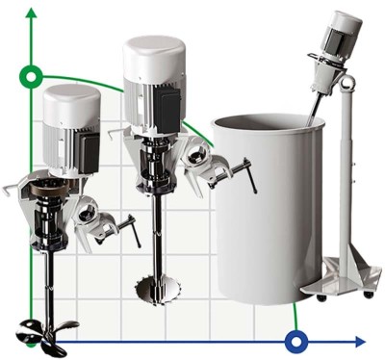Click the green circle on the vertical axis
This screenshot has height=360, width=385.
pos(32,76)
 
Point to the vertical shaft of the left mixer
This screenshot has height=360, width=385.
pos(44,279)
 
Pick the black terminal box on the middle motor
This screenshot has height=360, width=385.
pos(179,101)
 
